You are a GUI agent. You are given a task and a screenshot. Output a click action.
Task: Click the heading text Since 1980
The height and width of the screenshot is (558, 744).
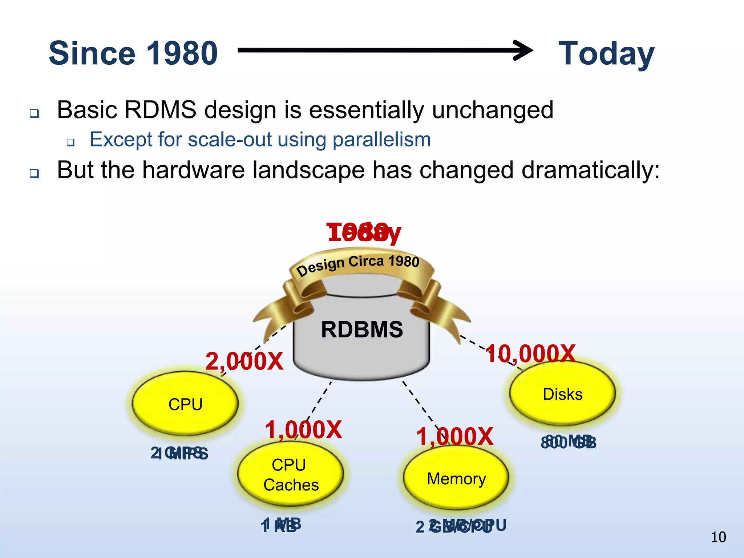[133, 53]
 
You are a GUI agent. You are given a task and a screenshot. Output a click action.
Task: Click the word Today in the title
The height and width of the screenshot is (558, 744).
[606, 53]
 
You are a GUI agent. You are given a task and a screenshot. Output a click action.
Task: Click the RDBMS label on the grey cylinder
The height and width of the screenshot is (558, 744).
[362, 329]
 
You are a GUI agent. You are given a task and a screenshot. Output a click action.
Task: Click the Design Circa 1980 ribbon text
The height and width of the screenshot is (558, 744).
[357, 264]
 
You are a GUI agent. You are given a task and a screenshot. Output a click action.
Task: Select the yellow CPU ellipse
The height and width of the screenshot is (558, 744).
[185, 404]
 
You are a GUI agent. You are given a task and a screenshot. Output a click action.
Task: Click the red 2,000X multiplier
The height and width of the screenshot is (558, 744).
[244, 361]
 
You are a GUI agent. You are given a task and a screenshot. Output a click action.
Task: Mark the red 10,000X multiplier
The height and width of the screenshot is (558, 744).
[531, 353]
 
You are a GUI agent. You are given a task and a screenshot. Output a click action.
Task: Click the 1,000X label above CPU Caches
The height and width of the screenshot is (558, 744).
[303, 430]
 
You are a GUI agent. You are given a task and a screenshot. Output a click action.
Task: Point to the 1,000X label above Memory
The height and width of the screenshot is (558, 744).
[454, 437]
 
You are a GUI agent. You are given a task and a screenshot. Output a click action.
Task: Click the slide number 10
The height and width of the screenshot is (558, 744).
[718, 537]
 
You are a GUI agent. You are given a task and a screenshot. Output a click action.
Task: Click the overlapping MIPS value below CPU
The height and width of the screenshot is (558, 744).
[179, 453]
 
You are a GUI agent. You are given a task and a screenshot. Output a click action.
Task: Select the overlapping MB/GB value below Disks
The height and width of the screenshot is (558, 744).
[569, 442]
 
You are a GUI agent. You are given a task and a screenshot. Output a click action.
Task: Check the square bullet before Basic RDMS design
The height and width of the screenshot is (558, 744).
[35, 114]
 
